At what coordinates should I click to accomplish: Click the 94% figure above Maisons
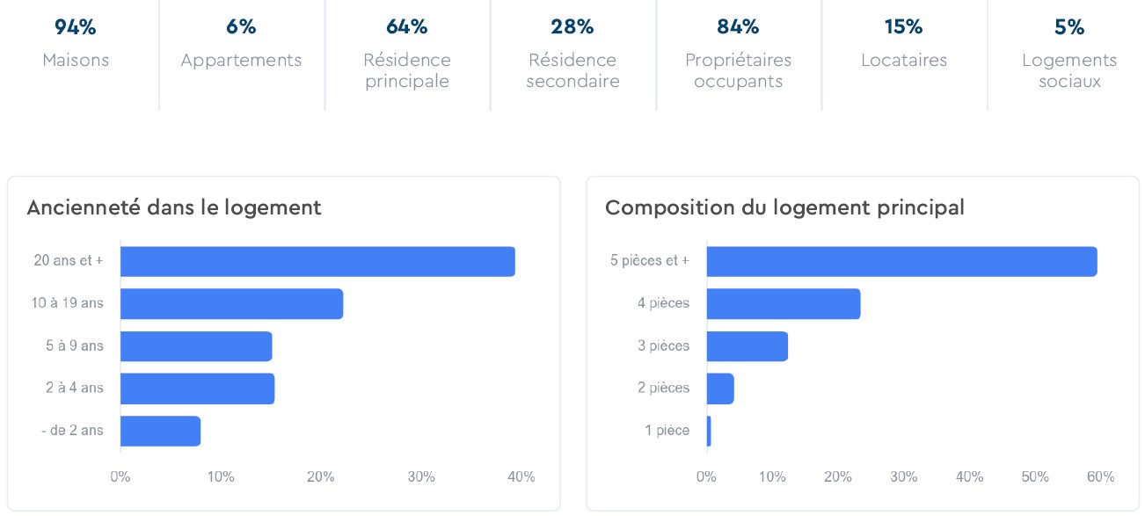75,27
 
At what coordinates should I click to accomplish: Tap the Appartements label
241,61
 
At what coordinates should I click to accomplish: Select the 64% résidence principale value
406,27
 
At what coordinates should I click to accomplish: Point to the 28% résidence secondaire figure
572,27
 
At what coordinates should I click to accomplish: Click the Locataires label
903,61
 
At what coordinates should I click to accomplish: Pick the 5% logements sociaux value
1069,27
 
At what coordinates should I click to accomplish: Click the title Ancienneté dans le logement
174,207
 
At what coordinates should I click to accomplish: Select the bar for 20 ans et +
317,262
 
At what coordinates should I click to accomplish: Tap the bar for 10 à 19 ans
231,304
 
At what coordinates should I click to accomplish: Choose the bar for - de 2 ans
160,431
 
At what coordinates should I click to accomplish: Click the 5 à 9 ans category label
75,345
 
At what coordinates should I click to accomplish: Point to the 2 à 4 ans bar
197,389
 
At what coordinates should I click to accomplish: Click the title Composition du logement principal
784,207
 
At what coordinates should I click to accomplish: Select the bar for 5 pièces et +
901,262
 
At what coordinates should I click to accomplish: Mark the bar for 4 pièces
783,304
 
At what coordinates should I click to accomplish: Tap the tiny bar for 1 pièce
709,431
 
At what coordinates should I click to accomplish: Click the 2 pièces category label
663,388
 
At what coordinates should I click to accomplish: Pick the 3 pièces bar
747,346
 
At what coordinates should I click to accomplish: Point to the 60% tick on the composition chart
1100,476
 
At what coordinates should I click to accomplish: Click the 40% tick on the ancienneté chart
521,476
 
